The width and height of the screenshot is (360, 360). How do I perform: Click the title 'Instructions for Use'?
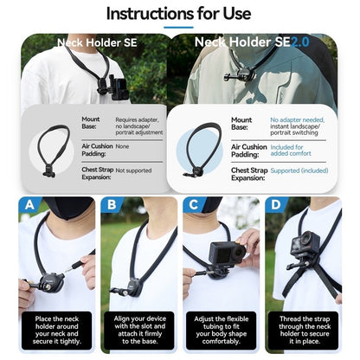click(x=179, y=13)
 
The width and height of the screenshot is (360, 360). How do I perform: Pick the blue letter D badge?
click(x=274, y=205)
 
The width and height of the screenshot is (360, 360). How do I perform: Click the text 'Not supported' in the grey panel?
click(x=133, y=170)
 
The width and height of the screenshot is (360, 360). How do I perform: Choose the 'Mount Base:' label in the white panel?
click(x=241, y=124)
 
